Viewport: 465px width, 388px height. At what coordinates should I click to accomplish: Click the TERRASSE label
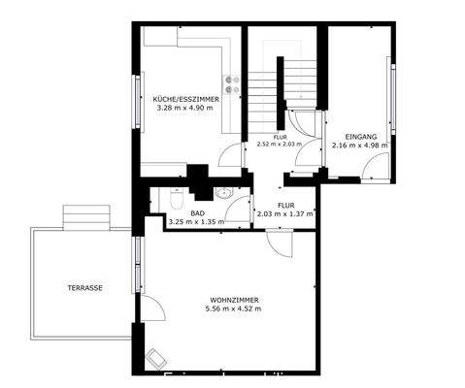coord(85,288)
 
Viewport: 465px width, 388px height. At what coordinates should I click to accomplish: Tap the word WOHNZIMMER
coord(232,299)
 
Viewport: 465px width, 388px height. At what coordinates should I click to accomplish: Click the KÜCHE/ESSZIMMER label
coord(186,99)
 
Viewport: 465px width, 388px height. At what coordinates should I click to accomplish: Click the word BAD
coord(197,212)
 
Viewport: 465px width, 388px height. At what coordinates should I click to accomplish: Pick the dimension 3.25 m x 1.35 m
coord(196,222)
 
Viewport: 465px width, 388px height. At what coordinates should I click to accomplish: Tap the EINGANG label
coord(360,137)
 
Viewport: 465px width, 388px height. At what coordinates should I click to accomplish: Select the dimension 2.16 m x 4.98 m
coord(360,145)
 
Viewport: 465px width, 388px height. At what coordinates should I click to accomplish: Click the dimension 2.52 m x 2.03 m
coord(279,145)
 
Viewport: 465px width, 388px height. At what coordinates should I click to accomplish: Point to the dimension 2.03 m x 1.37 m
coord(285,215)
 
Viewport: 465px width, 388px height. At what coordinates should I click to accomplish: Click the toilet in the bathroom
coord(177,200)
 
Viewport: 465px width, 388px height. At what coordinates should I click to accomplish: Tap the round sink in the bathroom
coord(225,192)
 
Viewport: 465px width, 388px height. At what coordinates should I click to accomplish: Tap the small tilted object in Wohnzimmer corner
coord(155,361)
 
